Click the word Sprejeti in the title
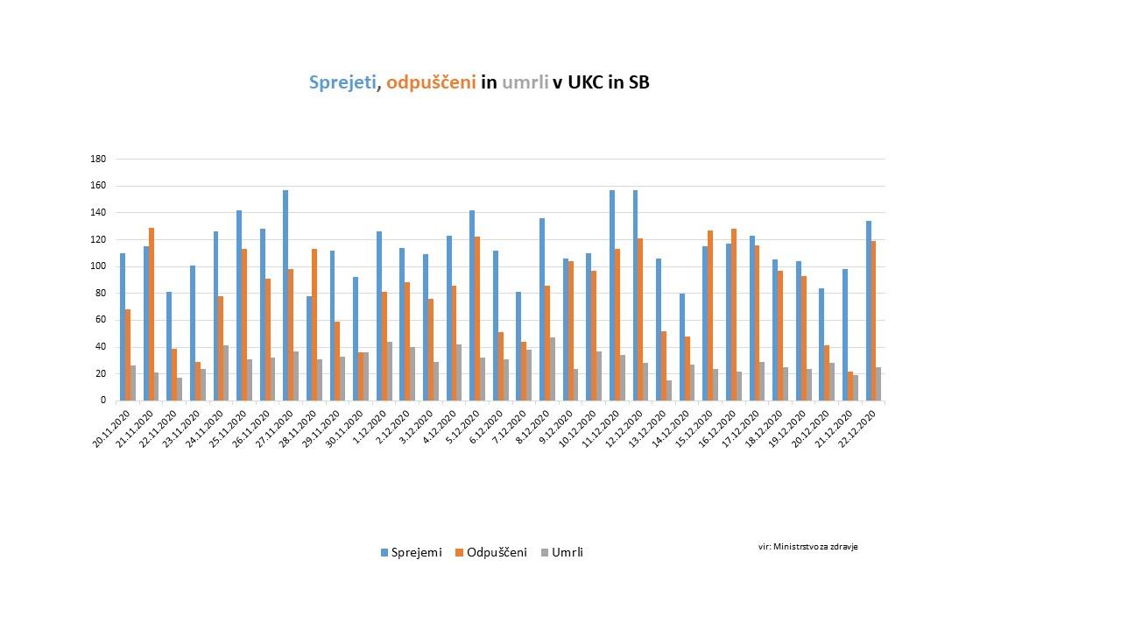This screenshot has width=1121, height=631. [x=342, y=82]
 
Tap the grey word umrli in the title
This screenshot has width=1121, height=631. [x=525, y=82]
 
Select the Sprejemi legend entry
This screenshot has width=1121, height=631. [x=411, y=552]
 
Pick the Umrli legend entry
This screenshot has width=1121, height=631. [x=560, y=552]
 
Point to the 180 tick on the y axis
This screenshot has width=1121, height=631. [x=98, y=159]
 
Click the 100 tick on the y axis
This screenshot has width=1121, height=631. [x=98, y=266]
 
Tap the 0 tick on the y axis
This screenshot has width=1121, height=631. [x=102, y=401]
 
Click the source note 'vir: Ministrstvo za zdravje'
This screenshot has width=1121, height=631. [x=807, y=546]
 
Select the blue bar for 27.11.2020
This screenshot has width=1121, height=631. [x=286, y=295]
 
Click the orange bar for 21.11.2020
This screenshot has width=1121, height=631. [x=152, y=314]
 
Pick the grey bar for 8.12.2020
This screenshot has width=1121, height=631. [x=553, y=369]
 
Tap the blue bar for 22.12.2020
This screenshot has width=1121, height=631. [x=869, y=311]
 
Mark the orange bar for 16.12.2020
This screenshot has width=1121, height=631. [x=734, y=315]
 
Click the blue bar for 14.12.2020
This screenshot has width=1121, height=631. [x=682, y=347]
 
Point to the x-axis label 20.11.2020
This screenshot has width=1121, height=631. [x=112, y=427]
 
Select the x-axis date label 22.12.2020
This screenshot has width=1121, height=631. [x=858, y=427]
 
